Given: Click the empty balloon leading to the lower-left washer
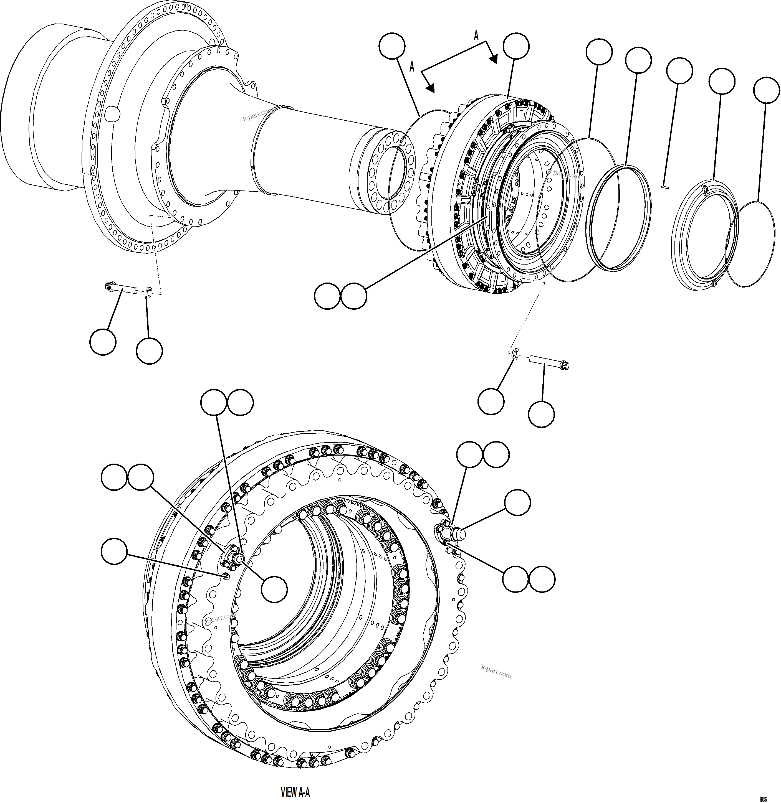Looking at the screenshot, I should (149, 351).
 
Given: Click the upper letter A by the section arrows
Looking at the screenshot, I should (476, 36).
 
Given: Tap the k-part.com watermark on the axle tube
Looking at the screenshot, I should (257, 115).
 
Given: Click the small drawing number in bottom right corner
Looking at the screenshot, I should (763, 799).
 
